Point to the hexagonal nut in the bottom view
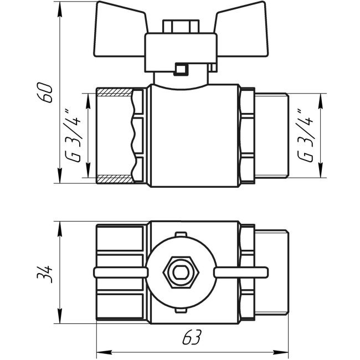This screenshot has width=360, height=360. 178,272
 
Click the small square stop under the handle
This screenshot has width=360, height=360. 179,70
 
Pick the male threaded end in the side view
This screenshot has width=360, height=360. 271,136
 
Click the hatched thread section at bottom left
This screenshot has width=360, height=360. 114,179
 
